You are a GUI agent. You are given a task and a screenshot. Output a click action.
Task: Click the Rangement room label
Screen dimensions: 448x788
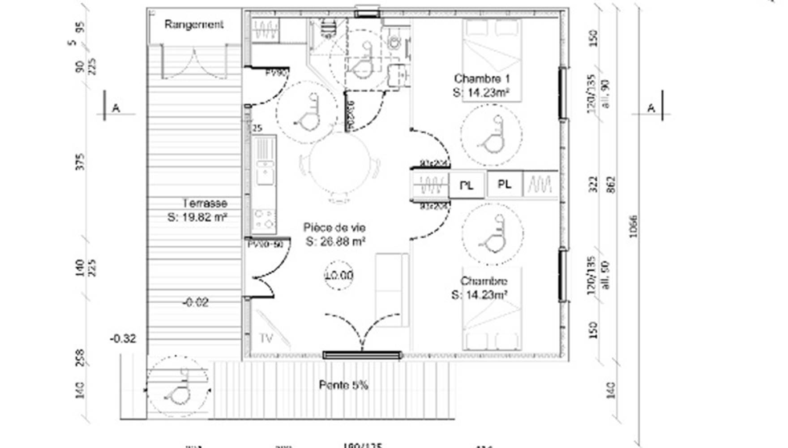pos(193,25)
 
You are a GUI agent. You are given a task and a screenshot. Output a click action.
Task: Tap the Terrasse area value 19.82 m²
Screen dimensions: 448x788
pos(197,217)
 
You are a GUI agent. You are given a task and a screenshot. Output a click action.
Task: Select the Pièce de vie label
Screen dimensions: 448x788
pos(334,228)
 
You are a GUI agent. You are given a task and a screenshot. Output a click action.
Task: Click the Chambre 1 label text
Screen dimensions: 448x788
pos(482,79)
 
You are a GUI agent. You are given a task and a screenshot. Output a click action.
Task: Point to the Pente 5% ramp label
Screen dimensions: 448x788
pos(343,385)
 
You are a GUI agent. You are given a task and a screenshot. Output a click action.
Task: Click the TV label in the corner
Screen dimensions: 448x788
pos(266,339)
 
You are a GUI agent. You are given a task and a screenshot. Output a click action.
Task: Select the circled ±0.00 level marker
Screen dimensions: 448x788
pos(339,275)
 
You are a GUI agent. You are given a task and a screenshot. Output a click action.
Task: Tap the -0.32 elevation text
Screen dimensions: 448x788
pos(123,339)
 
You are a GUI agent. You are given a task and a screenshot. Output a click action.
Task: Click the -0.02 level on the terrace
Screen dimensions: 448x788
pos(195,303)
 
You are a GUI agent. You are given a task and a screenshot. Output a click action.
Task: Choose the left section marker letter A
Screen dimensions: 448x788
pos(116,108)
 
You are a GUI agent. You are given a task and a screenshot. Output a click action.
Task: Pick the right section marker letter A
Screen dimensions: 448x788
pos(651,108)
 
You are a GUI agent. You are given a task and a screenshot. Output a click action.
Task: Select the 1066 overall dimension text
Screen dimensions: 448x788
pos(633,226)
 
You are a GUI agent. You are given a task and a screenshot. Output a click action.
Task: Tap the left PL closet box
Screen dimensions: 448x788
pos(467,185)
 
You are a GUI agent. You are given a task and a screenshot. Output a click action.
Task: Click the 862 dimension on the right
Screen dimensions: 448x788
pos(612,185)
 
